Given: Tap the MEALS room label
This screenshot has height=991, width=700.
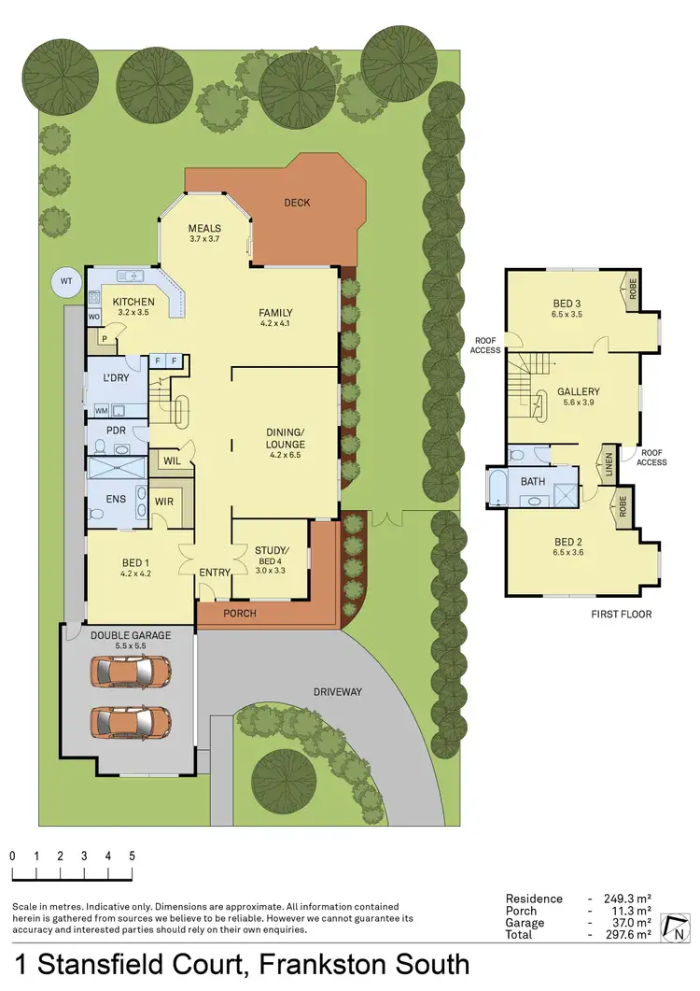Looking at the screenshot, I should pyautogui.click(x=203, y=228).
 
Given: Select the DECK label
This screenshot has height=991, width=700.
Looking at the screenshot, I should pyautogui.click(x=297, y=203).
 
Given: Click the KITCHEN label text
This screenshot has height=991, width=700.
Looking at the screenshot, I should pyautogui.click(x=133, y=302).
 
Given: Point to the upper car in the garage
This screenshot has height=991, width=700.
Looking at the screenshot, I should pyautogui.click(x=131, y=670).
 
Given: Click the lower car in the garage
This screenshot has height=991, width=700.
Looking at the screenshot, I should pyautogui.click(x=131, y=720).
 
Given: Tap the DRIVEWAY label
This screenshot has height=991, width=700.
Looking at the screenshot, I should pyautogui.click(x=338, y=692).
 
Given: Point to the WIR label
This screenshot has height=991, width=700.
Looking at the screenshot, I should pyautogui.click(x=164, y=502).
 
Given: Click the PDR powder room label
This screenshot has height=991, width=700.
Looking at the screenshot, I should pyautogui.click(x=117, y=431).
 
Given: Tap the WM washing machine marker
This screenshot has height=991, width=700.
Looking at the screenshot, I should pyautogui.click(x=100, y=411).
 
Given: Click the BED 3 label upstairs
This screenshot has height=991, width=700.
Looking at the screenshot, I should pyautogui.click(x=567, y=303).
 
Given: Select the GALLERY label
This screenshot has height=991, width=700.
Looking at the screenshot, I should pyautogui.click(x=578, y=392).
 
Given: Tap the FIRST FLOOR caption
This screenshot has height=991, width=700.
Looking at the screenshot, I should pyautogui.click(x=622, y=614).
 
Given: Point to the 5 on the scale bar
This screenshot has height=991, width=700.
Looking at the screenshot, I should pyautogui.click(x=132, y=857).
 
